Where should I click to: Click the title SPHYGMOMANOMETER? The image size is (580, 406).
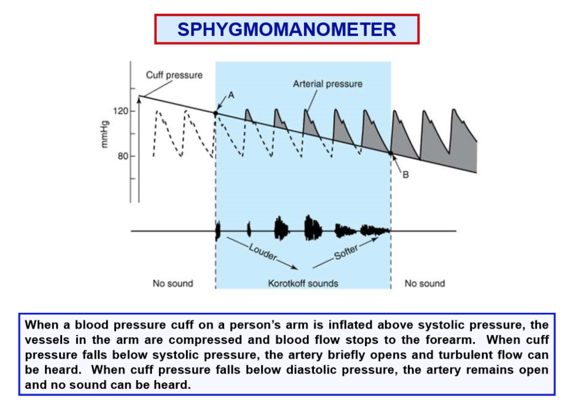pyautogui.click(x=287, y=30)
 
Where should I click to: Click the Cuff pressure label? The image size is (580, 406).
pyautogui.click(x=174, y=75)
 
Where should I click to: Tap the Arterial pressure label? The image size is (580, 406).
pyautogui.click(x=327, y=84)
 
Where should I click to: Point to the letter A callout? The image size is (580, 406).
pyautogui.click(x=231, y=95)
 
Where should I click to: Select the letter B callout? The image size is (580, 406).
pyautogui.click(x=405, y=175)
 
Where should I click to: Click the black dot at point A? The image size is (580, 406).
pyautogui.click(x=216, y=113)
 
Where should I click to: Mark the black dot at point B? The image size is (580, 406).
pyautogui.click(x=390, y=153)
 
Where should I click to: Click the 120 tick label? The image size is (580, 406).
pyautogui.click(x=120, y=111)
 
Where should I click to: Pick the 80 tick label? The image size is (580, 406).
pyautogui.click(x=123, y=156)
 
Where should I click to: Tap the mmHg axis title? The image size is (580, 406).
pyautogui.click(x=104, y=134)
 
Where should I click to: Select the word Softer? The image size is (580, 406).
pyautogui.click(x=346, y=252)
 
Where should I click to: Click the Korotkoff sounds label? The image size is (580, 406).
pyautogui.click(x=303, y=284)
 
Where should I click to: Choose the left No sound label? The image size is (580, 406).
pyautogui.click(x=173, y=284)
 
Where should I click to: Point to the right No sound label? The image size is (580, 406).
pyautogui.click(x=425, y=284)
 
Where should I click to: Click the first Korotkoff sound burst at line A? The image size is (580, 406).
pyautogui.click(x=218, y=231)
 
